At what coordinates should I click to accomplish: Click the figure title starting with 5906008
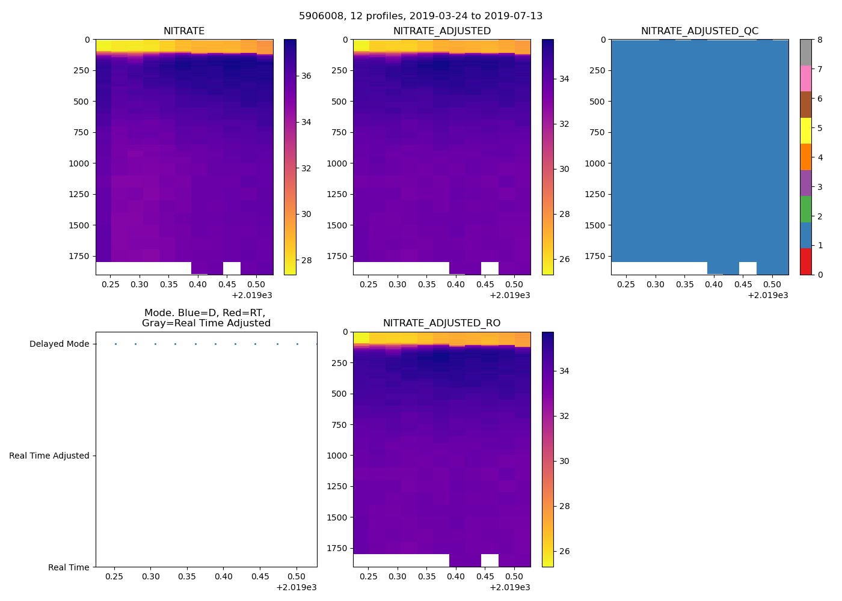pos(420,16)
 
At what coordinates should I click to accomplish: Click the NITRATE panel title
pos(184,31)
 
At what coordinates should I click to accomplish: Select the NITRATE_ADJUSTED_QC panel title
pos(699,31)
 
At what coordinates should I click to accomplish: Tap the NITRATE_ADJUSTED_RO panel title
pos(441,323)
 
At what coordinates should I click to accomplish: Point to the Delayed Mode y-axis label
pos(59,344)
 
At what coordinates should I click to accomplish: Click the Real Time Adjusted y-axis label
pos(49,456)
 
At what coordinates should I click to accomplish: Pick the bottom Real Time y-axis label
pos(69,567)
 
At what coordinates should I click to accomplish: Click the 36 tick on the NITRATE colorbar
pos(306,76)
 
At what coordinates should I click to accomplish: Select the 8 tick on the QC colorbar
pos(820,40)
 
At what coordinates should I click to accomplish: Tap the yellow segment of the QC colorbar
pos(805,130)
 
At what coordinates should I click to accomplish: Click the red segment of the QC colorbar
pos(805,261)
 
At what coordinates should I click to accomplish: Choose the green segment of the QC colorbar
pos(805,209)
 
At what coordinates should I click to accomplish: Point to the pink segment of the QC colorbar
pos(805,78)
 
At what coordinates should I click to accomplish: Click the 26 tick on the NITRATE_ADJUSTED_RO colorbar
pos(564,552)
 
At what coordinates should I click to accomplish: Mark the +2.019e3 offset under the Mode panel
pos(296,587)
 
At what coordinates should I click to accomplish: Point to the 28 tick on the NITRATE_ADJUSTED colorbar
pos(564,214)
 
